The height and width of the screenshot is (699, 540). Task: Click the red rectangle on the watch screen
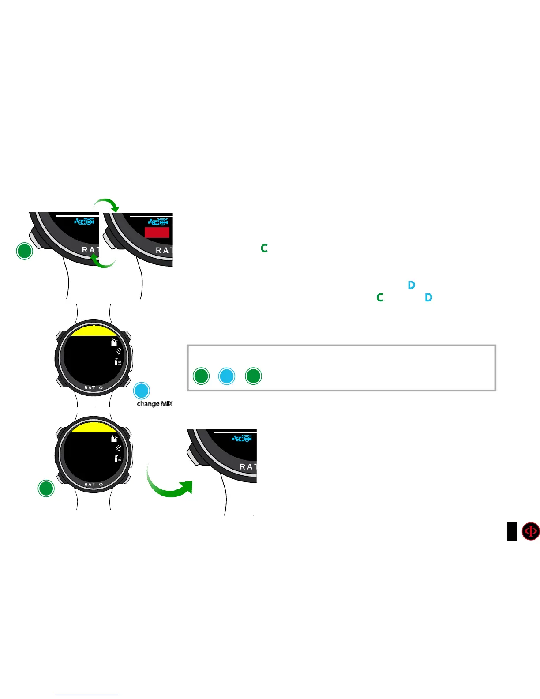(x=157, y=233)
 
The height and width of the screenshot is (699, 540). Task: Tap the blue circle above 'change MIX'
(x=142, y=391)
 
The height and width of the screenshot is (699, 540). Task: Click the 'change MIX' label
(x=155, y=403)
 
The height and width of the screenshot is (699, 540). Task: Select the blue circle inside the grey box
(x=227, y=376)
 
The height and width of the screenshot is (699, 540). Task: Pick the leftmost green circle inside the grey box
(x=202, y=376)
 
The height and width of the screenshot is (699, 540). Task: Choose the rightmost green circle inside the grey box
(x=254, y=376)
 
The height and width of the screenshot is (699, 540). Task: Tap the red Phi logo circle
(x=531, y=531)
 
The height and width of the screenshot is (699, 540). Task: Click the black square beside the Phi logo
(x=512, y=531)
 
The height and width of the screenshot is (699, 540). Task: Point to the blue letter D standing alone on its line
(x=412, y=285)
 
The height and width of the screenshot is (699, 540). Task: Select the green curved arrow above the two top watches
(x=106, y=204)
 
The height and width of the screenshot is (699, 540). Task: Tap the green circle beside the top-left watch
(x=25, y=251)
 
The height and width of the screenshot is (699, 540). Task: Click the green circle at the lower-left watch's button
(x=46, y=489)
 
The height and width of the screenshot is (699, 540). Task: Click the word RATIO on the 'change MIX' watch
(x=94, y=388)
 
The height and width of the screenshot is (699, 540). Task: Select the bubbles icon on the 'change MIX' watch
(x=118, y=352)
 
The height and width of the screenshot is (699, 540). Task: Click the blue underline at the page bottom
(x=87, y=695)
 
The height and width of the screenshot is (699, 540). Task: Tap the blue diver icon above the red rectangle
(x=158, y=222)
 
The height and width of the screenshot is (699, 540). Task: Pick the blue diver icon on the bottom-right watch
(x=242, y=439)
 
